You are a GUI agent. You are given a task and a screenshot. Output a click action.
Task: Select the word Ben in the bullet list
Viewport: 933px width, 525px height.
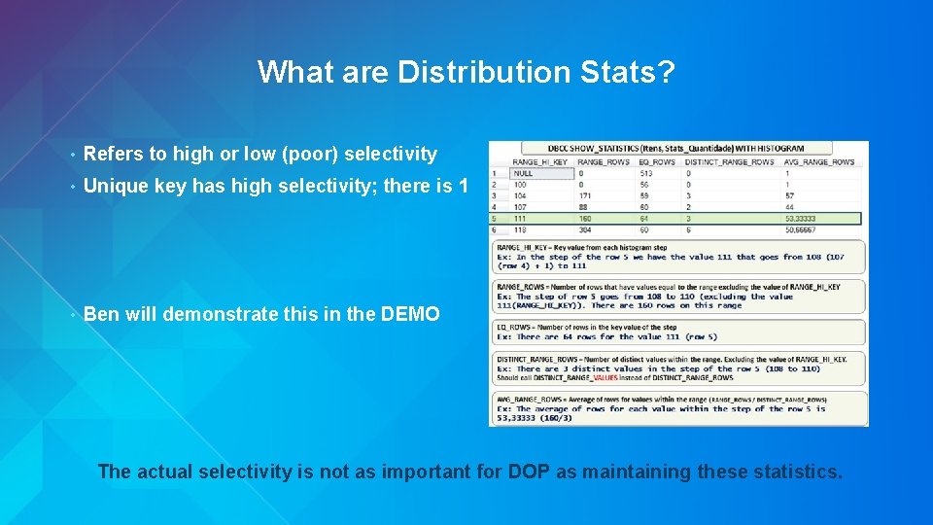(101, 314)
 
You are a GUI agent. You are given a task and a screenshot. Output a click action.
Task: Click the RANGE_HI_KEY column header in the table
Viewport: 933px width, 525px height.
(541, 161)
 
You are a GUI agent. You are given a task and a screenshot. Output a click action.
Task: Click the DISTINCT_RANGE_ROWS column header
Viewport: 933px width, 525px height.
(729, 161)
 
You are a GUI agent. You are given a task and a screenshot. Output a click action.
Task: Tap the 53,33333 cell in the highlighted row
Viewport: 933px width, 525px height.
(802, 219)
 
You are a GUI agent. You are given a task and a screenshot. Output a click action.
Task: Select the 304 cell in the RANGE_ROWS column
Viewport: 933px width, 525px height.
(584, 230)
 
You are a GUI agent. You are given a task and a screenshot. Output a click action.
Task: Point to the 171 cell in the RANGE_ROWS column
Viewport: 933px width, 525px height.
(584, 195)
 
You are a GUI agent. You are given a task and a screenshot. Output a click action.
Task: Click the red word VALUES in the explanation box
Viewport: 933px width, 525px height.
(605, 377)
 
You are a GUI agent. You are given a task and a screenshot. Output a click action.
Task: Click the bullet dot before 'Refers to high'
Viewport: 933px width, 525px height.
(72, 155)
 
